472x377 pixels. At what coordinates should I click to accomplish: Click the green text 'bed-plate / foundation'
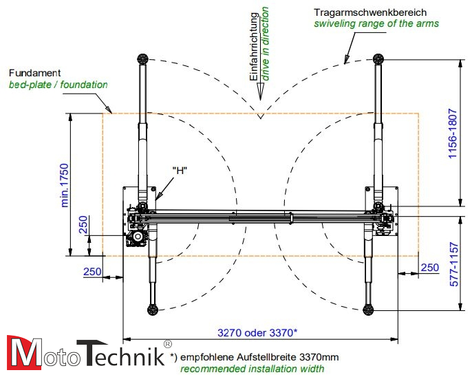58,85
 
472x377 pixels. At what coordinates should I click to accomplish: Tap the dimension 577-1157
453,264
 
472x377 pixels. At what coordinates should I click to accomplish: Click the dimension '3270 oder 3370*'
257,333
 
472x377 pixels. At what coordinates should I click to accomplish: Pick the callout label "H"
180,171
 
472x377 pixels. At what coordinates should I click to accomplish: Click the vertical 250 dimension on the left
83,226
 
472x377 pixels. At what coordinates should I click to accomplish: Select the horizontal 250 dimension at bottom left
92,272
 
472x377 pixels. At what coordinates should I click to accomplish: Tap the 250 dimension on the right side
429,267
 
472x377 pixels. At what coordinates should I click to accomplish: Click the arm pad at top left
142,58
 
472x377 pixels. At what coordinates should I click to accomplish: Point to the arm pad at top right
377,58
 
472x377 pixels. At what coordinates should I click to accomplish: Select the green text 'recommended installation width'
252,369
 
